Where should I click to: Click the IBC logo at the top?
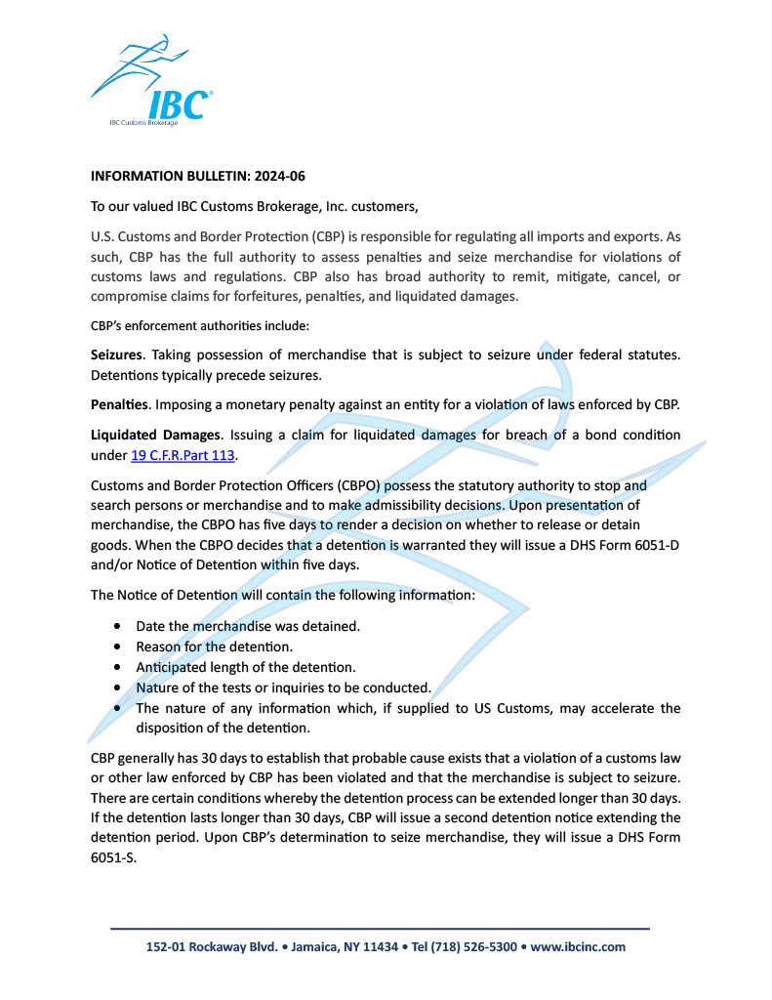click(x=152, y=83)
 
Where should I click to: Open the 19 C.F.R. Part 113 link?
click(x=183, y=455)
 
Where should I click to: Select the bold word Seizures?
click(x=117, y=355)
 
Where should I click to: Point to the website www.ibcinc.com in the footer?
click(x=578, y=946)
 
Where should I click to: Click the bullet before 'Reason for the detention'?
click(x=118, y=646)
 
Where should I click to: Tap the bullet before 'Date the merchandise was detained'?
click(x=118, y=625)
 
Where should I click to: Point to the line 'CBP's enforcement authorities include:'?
click(x=200, y=325)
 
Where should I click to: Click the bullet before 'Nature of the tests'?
click(x=118, y=687)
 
